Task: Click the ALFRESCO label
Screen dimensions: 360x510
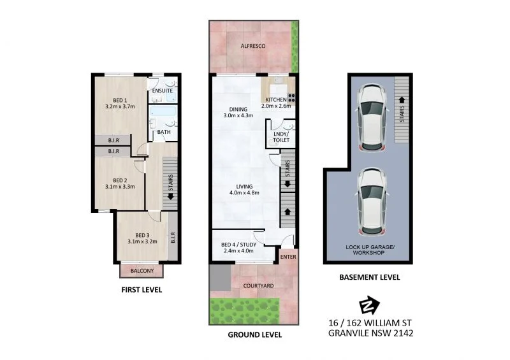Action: pyautogui.click(x=253, y=47)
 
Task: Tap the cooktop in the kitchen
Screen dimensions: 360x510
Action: pyautogui.click(x=293, y=98)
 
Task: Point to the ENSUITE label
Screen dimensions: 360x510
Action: pyautogui.click(x=162, y=91)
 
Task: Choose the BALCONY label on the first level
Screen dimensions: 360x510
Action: pyautogui.click(x=141, y=271)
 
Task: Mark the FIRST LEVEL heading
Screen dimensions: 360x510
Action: pyautogui.click(x=142, y=290)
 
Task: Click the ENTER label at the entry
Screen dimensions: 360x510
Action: pyautogui.click(x=288, y=256)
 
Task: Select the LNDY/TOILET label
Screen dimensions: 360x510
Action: pyautogui.click(x=280, y=136)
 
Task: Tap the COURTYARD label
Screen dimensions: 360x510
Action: pyautogui.click(x=258, y=286)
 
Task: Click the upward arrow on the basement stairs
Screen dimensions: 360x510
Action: pyautogui.click(x=401, y=99)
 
